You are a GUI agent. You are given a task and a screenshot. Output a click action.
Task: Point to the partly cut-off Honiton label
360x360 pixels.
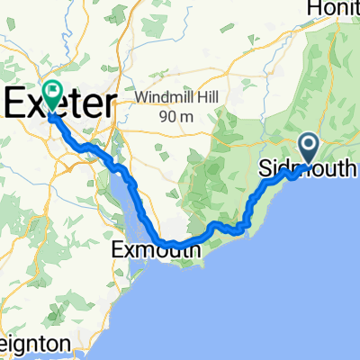coord(334,8)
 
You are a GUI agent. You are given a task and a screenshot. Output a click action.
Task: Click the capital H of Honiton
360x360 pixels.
coord(316,8)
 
